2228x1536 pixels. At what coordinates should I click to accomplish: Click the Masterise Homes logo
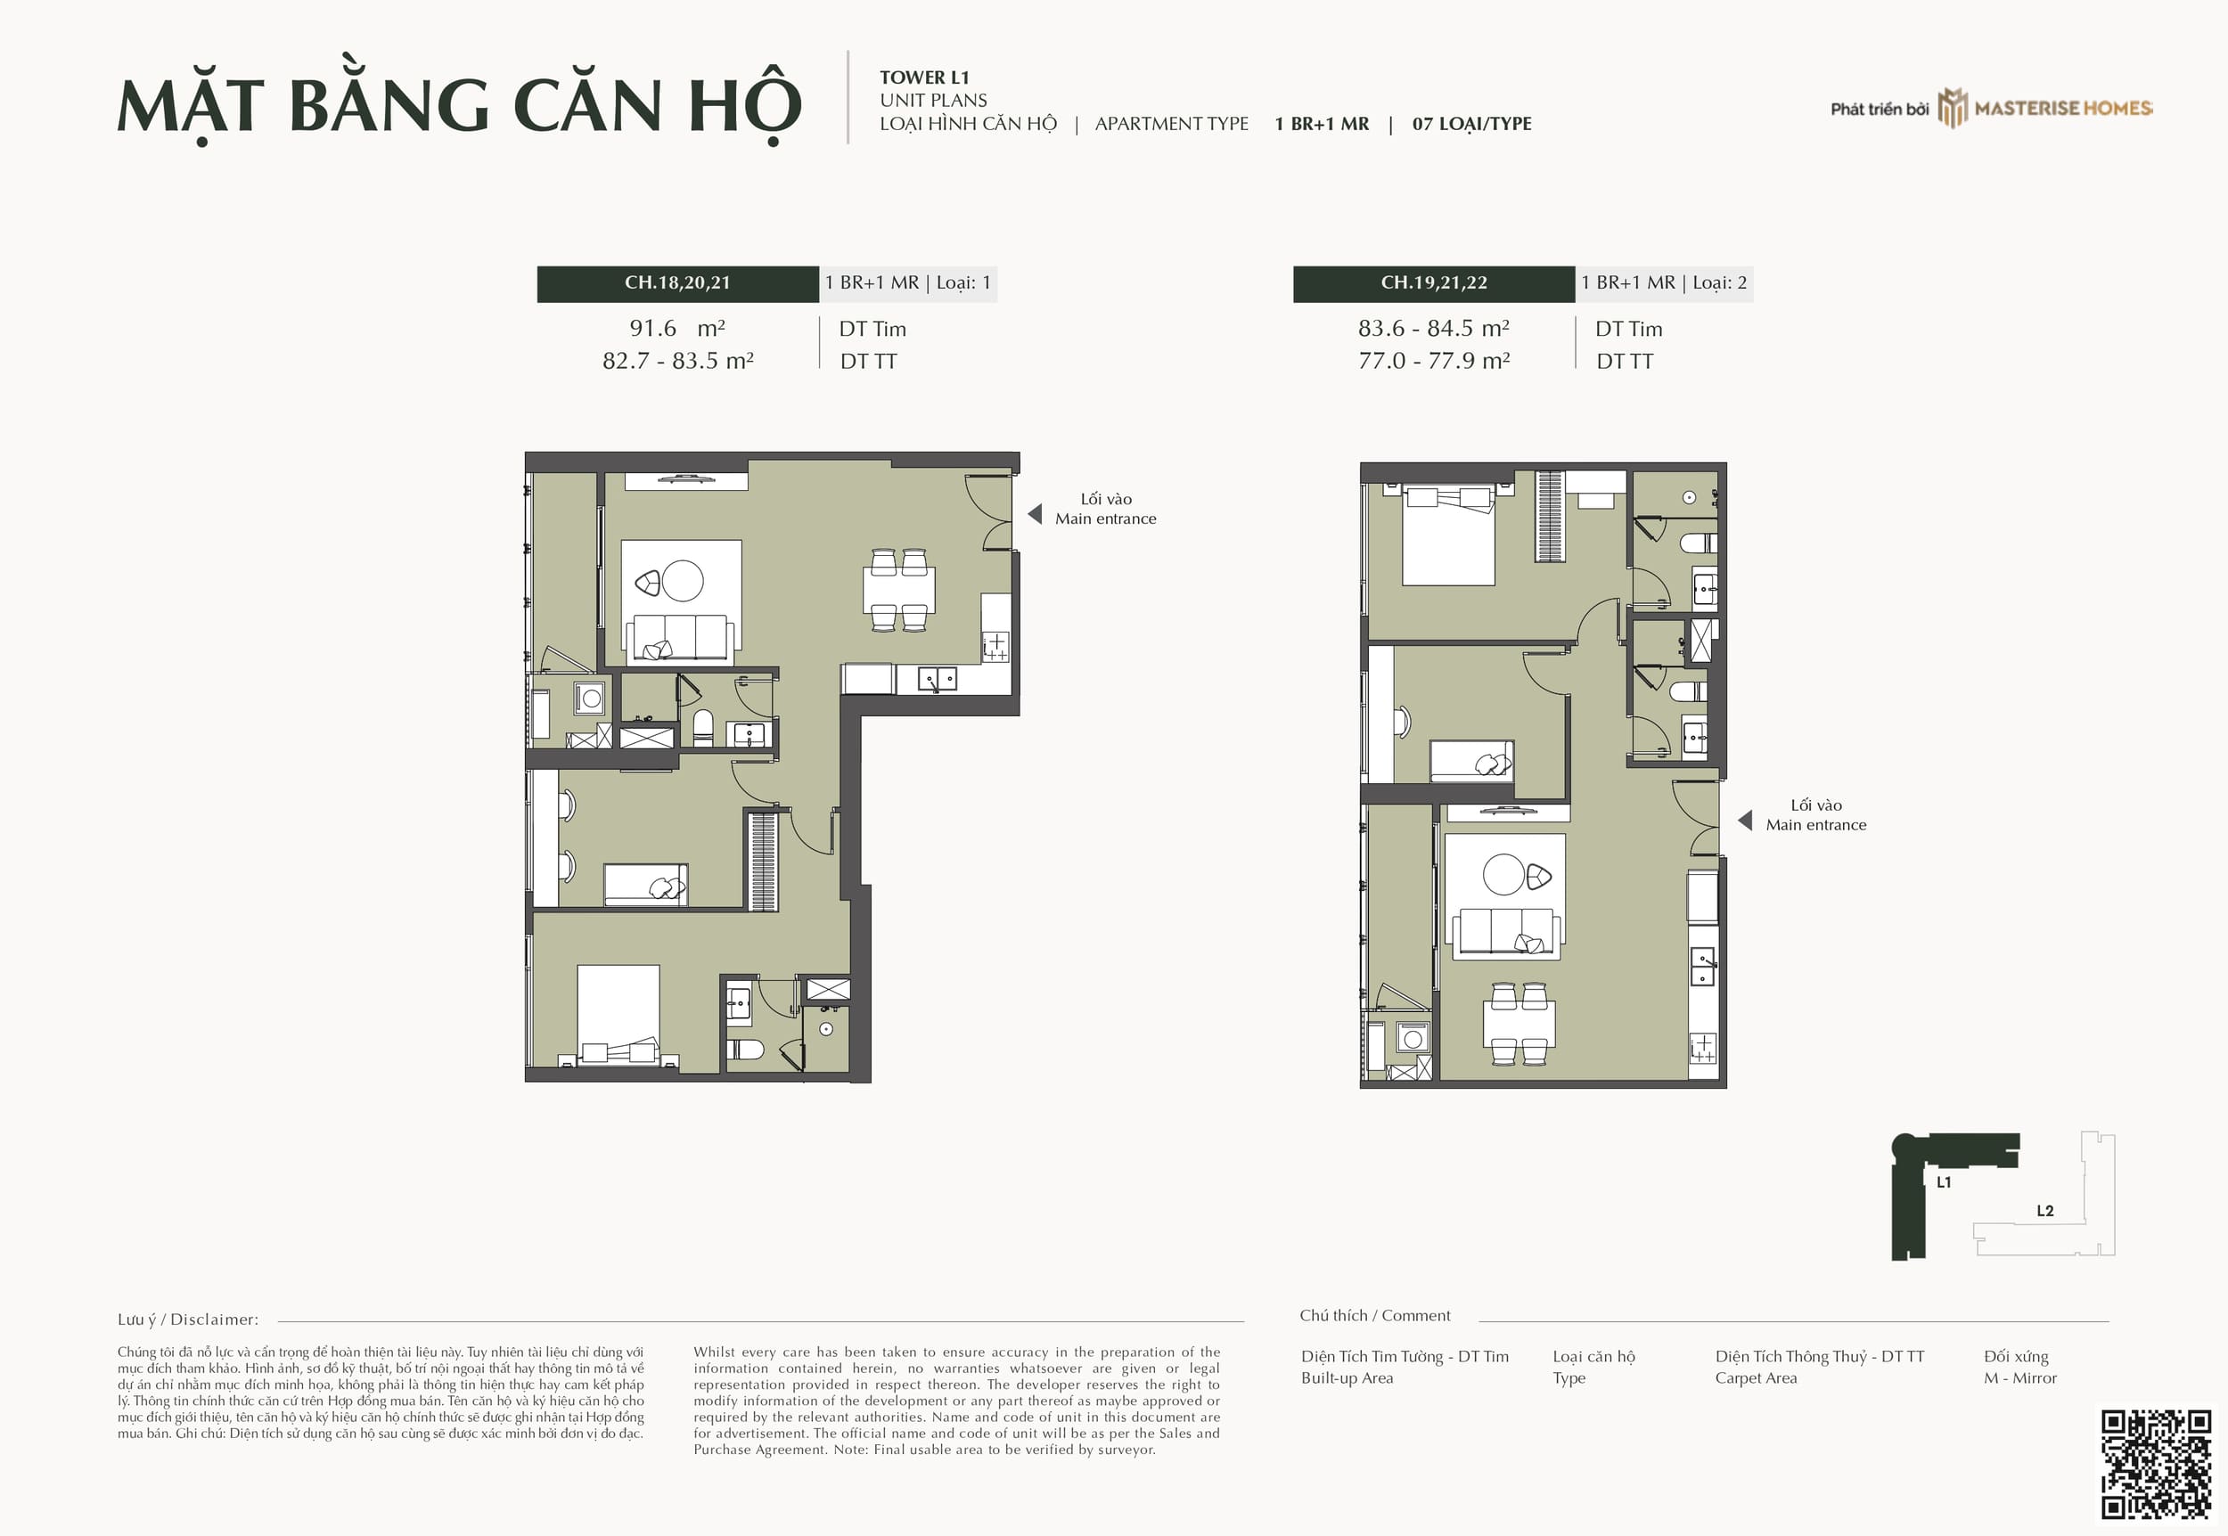[2045, 108]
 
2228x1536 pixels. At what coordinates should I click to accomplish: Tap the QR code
[2156, 1464]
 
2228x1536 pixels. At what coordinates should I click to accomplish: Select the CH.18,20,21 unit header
[677, 283]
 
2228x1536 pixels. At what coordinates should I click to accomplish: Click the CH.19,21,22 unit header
[1434, 283]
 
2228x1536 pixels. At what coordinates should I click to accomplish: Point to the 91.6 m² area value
[677, 328]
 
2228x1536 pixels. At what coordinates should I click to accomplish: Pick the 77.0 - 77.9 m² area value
[1434, 361]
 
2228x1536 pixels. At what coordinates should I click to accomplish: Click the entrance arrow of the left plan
[1035, 514]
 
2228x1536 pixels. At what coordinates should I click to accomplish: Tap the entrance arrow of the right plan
[1744, 820]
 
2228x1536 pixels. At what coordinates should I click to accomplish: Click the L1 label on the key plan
[1943, 1181]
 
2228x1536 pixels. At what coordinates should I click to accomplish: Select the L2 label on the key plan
[2045, 1211]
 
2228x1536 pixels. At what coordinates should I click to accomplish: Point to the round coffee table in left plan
[683, 581]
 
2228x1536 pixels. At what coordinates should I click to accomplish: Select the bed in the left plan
[618, 1015]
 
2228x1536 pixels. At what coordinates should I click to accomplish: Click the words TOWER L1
[924, 78]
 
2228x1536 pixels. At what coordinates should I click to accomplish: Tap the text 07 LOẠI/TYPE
[1471, 124]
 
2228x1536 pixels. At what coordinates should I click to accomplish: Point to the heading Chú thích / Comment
[1374, 1316]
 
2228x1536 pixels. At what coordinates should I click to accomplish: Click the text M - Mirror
[2020, 1378]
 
